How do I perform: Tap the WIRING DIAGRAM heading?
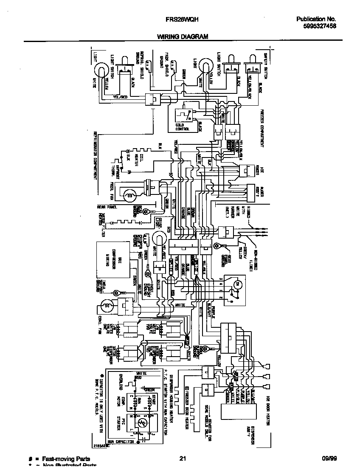tap(183, 37)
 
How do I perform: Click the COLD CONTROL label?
tap(183, 126)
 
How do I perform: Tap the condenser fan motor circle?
tap(106, 305)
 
